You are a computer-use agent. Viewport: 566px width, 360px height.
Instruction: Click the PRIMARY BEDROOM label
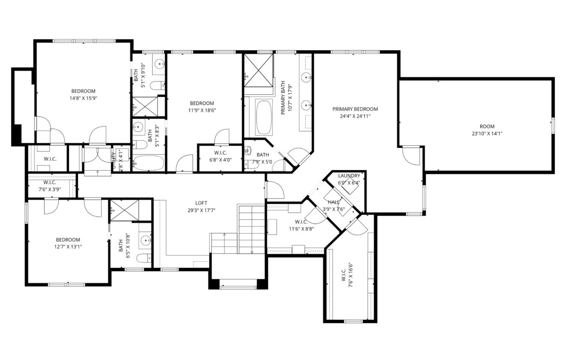coord(355,109)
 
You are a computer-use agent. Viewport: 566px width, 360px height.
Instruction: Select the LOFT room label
coord(202,203)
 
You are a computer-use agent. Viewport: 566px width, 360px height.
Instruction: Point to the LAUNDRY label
coord(349,176)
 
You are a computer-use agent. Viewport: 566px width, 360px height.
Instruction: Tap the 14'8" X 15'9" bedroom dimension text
coord(83,98)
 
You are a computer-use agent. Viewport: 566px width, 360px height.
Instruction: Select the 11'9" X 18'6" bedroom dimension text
coord(202,110)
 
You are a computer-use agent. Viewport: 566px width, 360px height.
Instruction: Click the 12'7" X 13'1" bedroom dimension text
coord(68,246)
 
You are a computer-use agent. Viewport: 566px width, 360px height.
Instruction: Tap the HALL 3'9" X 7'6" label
coord(334,206)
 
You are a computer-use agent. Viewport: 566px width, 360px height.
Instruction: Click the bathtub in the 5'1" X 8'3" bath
coord(148,163)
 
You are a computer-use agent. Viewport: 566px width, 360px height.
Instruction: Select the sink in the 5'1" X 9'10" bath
coord(160,65)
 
